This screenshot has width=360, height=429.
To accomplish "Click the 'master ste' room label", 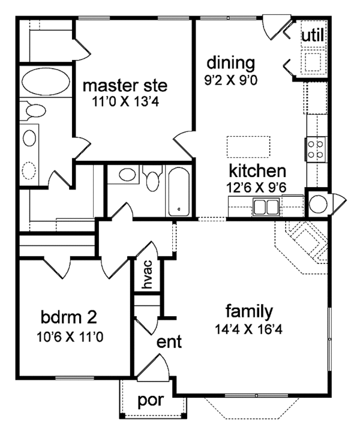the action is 125,85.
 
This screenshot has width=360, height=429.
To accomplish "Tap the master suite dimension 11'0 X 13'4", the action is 125,102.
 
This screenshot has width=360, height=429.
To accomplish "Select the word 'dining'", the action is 230,63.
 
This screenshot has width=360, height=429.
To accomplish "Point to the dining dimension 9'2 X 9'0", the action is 231,80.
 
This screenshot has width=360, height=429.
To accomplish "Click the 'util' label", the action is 313,35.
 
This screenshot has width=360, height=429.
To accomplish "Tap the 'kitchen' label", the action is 257,171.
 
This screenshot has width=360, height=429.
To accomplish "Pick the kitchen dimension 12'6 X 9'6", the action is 256,187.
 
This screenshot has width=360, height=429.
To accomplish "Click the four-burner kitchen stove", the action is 316,149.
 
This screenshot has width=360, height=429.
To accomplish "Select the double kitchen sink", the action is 266,207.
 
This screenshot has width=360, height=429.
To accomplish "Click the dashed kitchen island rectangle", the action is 248,146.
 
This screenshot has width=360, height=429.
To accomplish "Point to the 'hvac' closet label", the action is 147,274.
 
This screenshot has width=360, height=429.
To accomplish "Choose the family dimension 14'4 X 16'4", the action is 248,329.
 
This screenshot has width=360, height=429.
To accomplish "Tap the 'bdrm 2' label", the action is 69,317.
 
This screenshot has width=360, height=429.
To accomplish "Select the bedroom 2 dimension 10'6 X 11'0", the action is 70,337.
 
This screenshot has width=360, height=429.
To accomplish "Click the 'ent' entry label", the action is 169,342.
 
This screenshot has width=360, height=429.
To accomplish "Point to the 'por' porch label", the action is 151,401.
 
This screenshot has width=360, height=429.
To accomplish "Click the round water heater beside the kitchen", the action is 319,203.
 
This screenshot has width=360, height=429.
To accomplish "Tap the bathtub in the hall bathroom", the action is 179,191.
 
